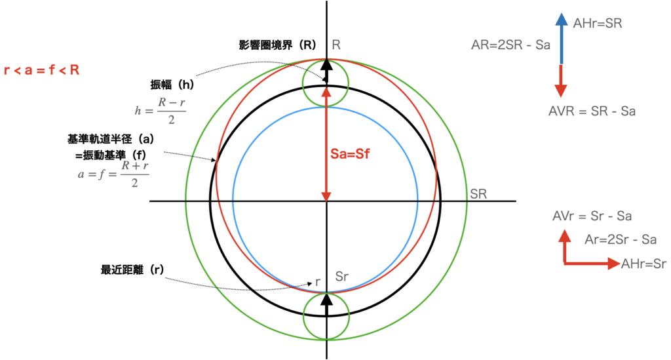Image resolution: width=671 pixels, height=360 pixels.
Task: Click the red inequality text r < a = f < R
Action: (x=42, y=70)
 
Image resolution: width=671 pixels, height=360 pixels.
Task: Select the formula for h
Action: (x=160, y=111)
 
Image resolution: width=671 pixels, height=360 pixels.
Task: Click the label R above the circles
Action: (x=336, y=45)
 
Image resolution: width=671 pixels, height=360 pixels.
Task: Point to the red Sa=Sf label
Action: (x=351, y=156)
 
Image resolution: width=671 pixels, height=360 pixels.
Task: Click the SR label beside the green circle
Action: (x=478, y=195)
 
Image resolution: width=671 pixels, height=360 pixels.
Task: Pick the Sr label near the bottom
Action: (x=341, y=276)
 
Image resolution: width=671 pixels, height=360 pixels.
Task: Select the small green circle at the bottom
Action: (x=326, y=316)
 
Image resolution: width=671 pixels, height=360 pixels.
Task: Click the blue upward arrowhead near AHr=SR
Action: (x=562, y=20)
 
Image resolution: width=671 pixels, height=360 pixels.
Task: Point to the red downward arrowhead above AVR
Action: (x=562, y=90)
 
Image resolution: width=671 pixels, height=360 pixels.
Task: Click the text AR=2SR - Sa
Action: (x=510, y=46)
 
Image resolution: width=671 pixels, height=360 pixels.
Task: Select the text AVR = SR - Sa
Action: (x=592, y=111)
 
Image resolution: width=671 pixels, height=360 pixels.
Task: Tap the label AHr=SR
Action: (x=597, y=24)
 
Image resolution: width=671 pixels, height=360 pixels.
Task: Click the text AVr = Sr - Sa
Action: (x=592, y=216)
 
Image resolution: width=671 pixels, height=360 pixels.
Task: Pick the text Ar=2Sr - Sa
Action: (x=620, y=240)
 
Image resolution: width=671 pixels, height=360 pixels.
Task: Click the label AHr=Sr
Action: (x=643, y=264)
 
